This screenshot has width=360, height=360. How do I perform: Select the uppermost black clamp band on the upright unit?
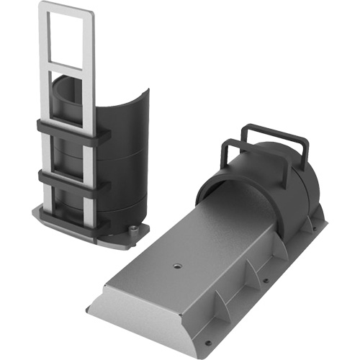(72, 132)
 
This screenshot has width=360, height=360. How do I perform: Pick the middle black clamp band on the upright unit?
(72, 177)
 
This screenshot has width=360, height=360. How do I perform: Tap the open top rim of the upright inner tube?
(68, 79)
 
